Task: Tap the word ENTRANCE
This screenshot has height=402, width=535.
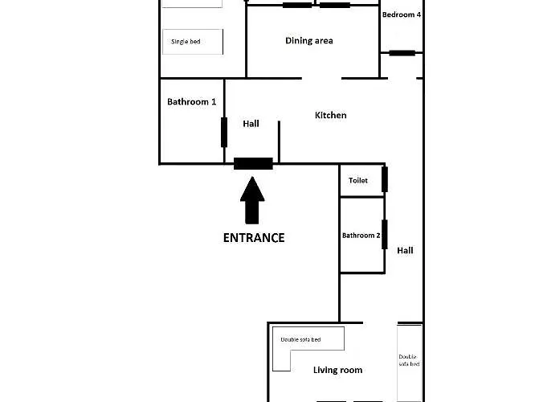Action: (253, 237)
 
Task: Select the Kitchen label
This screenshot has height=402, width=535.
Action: (330, 116)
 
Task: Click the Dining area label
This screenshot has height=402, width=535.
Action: (309, 41)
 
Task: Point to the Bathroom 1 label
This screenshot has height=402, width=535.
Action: (191, 102)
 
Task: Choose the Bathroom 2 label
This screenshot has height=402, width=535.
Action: (359, 236)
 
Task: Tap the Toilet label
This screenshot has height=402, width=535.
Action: (358, 181)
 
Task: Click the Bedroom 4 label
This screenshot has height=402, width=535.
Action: (402, 14)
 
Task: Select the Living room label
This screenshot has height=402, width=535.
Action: (337, 370)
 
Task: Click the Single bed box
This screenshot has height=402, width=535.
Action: (192, 42)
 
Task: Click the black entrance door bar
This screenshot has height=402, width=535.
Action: (253, 163)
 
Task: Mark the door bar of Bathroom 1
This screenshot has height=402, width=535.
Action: (224, 132)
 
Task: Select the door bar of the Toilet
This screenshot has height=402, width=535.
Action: (385, 178)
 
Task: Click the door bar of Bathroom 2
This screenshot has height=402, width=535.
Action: (385, 234)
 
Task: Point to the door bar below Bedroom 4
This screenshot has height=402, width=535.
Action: (402, 53)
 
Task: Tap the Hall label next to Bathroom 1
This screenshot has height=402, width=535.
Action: (251, 124)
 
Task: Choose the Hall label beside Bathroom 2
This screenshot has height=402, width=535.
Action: (405, 251)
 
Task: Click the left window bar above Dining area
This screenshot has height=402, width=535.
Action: (297, 5)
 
